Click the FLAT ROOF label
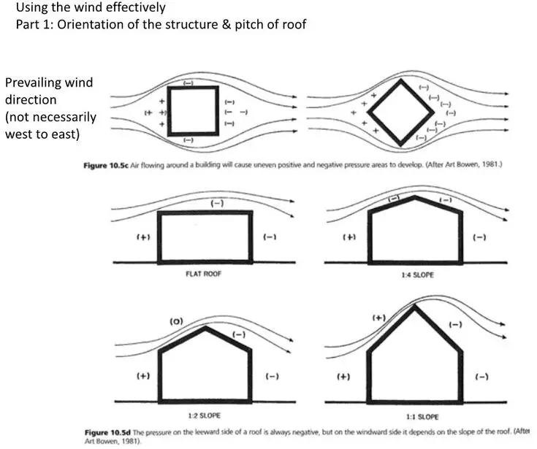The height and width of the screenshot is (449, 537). (203, 274)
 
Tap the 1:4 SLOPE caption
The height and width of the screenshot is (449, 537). (417, 275)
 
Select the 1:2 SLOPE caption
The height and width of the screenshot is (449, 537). (204, 415)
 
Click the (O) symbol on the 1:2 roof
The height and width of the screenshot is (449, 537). (177, 321)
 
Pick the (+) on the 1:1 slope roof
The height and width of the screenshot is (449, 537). (379, 318)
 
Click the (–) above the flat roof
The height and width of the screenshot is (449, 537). (217, 203)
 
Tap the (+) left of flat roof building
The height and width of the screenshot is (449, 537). (143, 237)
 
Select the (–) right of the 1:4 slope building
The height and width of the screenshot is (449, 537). (479, 237)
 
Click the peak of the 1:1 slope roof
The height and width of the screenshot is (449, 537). (415, 306)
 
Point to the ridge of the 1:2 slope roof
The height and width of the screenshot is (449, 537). (205, 328)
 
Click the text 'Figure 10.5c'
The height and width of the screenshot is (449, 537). (106, 166)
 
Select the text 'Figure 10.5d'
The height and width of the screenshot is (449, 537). (107, 432)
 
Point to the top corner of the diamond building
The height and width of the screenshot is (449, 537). (401, 80)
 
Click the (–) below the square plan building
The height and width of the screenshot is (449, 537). (188, 140)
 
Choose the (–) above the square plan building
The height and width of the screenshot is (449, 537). (188, 82)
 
